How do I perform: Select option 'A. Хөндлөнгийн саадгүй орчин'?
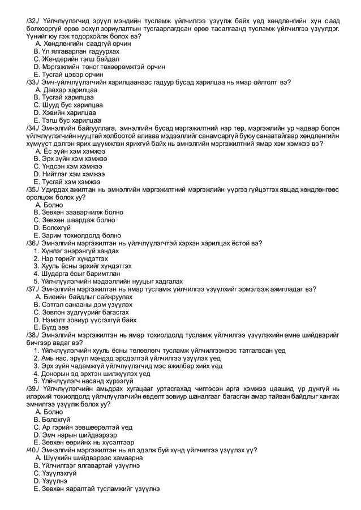tap(87, 44)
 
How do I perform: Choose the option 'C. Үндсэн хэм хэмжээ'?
tap(68, 167)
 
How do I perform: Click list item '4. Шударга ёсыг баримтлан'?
tap(75, 274)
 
